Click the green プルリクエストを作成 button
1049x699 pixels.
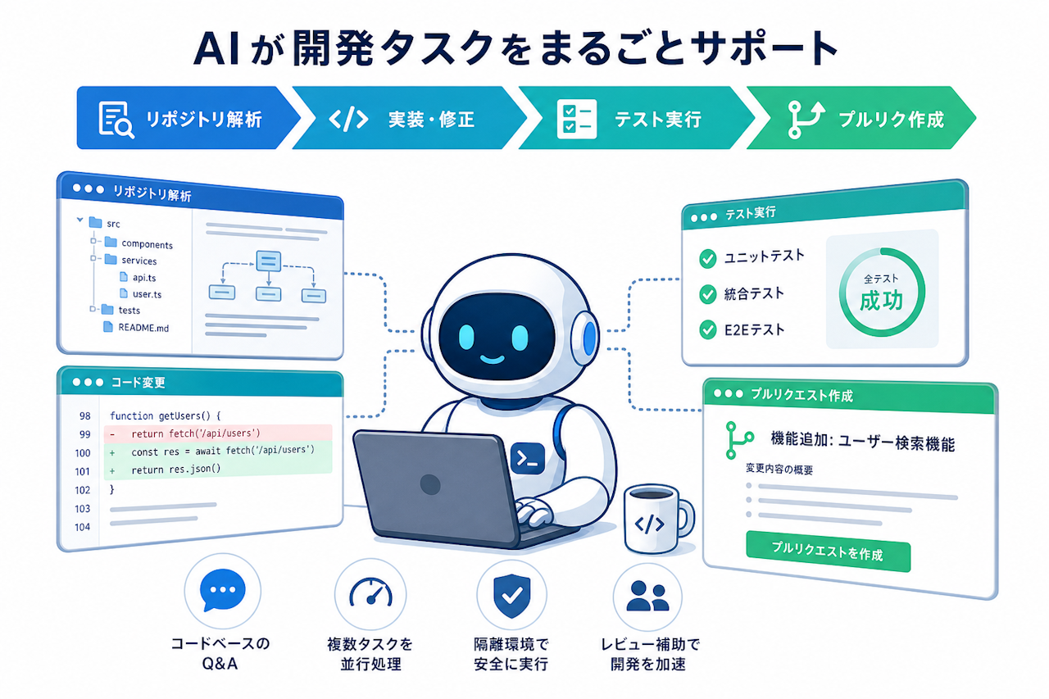click(x=828, y=551)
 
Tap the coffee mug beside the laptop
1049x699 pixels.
click(x=656, y=519)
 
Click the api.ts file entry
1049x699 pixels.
click(x=138, y=277)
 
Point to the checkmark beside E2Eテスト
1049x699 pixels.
click(x=707, y=329)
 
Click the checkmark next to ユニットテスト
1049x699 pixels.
click(x=707, y=258)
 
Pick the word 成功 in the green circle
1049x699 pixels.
click(x=881, y=301)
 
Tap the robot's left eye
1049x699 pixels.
click(x=466, y=337)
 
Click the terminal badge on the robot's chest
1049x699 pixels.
click(x=528, y=458)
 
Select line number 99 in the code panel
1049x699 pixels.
click(x=84, y=434)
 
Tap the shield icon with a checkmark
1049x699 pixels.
click(x=512, y=596)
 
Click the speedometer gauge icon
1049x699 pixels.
click(x=371, y=592)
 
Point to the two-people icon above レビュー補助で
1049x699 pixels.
click(x=647, y=596)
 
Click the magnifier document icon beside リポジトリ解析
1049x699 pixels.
click(x=116, y=120)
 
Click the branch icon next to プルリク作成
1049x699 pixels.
click(x=806, y=120)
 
